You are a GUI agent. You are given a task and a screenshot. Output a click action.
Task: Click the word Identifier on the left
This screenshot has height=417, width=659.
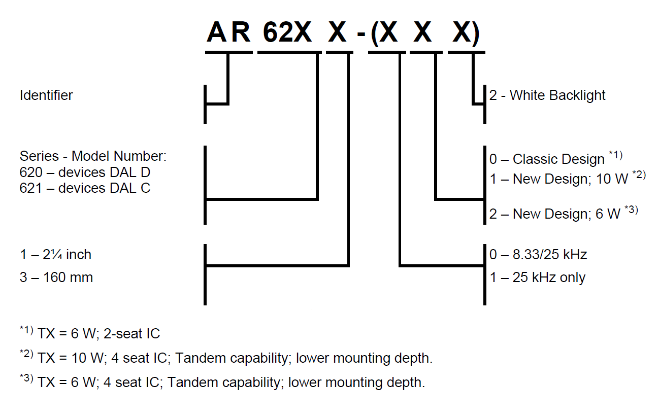coord(46,95)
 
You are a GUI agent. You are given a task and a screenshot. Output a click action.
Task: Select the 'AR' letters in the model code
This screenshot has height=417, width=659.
coord(228,33)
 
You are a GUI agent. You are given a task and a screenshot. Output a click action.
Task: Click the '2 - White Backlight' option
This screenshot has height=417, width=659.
coord(547,95)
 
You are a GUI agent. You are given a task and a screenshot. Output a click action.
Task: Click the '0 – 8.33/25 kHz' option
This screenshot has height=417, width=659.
coord(538,254)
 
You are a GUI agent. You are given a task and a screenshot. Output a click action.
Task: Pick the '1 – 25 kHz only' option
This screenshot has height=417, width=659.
coord(537,277)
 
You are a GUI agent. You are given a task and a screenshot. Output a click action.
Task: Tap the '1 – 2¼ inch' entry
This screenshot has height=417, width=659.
coord(56,254)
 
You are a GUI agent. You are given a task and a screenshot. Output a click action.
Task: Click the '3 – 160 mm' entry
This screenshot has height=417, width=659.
coord(56,277)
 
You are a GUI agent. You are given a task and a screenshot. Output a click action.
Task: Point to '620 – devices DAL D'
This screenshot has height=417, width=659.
coord(85,172)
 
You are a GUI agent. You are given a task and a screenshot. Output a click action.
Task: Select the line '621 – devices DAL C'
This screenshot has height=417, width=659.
coord(85,188)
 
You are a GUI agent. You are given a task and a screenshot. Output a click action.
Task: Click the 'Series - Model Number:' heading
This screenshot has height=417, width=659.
coord(93,156)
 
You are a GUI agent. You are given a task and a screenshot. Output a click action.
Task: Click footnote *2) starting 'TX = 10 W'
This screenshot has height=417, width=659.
coord(226,358)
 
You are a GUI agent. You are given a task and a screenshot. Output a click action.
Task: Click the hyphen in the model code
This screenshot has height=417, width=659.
coord(360,36)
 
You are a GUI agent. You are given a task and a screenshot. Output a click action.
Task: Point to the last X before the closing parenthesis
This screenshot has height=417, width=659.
coord(462,33)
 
